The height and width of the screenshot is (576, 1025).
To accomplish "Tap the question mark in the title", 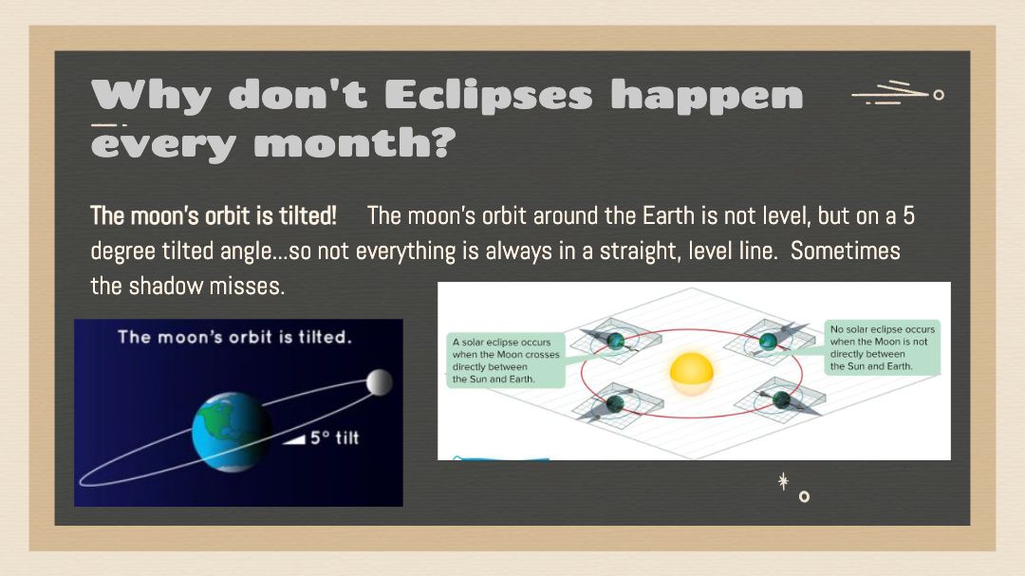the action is (444, 142).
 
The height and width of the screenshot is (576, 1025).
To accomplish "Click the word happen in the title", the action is (707, 97).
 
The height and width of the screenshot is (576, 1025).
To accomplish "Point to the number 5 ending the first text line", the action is (908, 215).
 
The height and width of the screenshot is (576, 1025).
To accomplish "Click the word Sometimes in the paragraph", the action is (846, 251).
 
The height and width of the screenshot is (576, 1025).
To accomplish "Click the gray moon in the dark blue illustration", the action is (379, 382).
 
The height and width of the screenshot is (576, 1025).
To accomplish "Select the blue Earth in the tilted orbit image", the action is (232, 432).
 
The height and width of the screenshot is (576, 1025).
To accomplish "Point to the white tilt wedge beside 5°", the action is (294, 439).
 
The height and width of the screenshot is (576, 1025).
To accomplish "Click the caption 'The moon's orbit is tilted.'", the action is (234, 338).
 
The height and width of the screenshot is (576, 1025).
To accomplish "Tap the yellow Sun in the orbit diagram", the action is (691, 374).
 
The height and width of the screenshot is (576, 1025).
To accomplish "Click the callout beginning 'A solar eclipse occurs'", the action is (506, 361).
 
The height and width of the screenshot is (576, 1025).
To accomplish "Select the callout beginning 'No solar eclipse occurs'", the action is (883, 348).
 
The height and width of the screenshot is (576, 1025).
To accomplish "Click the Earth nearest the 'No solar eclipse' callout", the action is (768, 341).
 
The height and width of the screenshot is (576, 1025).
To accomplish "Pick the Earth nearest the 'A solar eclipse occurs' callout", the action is (615, 340).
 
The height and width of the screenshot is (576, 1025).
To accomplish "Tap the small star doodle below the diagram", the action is (783, 482).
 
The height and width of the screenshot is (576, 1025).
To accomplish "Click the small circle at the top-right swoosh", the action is (939, 95).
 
